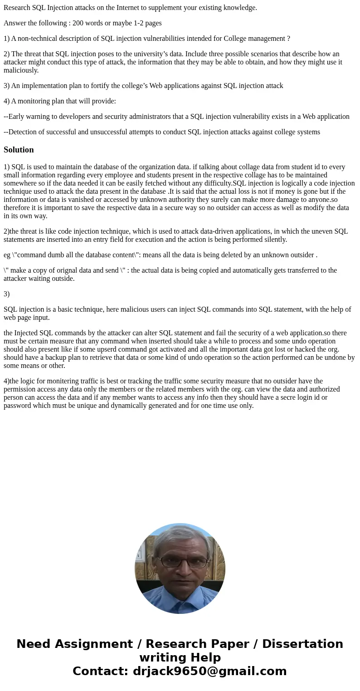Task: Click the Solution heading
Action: coord(19,150)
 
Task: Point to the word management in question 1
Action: coord(266,39)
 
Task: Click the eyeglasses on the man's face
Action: coord(180,562)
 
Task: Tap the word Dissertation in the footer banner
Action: coord(302,644)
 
